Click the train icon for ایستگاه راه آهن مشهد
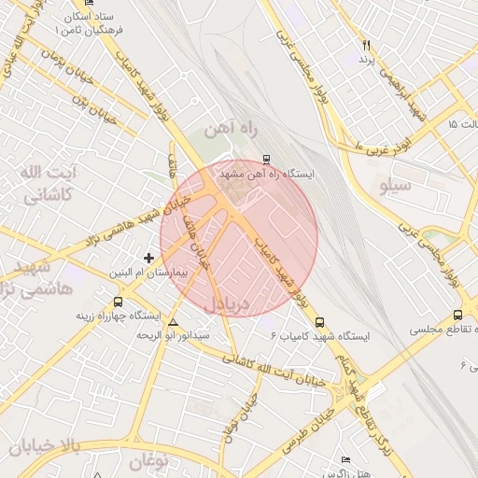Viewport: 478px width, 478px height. [267, 160]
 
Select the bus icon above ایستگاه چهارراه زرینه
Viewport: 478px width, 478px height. [118, 302]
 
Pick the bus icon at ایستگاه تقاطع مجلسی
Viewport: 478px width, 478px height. [457, 316]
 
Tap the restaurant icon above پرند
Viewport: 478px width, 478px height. [367, 45]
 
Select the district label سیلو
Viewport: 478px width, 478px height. [398, 186]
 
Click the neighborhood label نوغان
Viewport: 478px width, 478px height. [148, 460]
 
